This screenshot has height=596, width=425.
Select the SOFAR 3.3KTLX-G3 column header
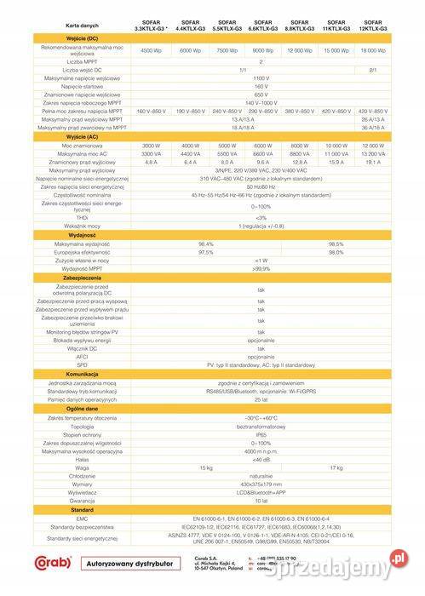(151, 26)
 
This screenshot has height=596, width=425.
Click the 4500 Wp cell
(151, 51)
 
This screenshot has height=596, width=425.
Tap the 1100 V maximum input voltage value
(261, 78)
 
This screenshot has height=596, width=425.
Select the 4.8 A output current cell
(151, 162)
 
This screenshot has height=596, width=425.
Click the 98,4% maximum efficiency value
(205, 244)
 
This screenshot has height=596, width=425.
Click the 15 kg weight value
(205, 467)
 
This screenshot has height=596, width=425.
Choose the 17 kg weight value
(336, 467)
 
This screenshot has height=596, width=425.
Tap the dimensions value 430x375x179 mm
(261, 484)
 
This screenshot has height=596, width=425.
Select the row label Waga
(82, 467)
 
